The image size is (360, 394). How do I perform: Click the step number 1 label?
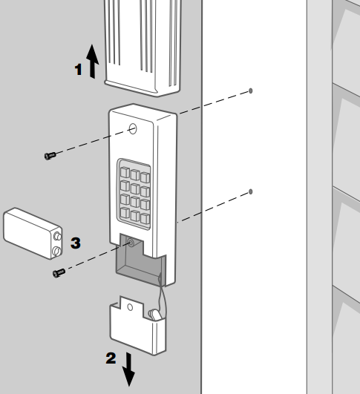tap(79, 70)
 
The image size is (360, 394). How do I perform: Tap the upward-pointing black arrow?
tap(93, 62)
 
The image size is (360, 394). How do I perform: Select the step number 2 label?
tap(111, 358)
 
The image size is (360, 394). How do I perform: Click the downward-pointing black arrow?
tap(128, 370)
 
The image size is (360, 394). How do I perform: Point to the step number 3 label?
tap(76, 243)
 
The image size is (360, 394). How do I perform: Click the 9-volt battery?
tap(33, 234)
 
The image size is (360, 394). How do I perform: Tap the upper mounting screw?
tap(50, 156)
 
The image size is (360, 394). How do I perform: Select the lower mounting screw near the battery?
tap(59, 273)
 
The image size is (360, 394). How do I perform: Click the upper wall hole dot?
tap(250, 91)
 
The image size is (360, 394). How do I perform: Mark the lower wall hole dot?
tap(250, 191)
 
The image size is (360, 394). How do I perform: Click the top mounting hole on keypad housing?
tap(133, 129)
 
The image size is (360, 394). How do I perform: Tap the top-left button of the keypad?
tap(125, 172)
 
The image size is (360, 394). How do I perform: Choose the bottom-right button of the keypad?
tap(145, 218)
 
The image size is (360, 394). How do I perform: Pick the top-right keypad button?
tap(145, 177)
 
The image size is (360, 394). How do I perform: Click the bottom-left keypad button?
tap(125, 213)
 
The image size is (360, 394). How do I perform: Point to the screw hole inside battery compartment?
tap(131, 243)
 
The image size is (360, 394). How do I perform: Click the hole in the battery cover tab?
tap(130, 307)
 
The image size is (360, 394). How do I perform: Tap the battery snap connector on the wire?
tap(154, 315)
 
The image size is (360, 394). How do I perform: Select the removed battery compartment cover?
tap(138, 326)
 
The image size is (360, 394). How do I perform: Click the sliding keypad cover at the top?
tap(143, 47)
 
